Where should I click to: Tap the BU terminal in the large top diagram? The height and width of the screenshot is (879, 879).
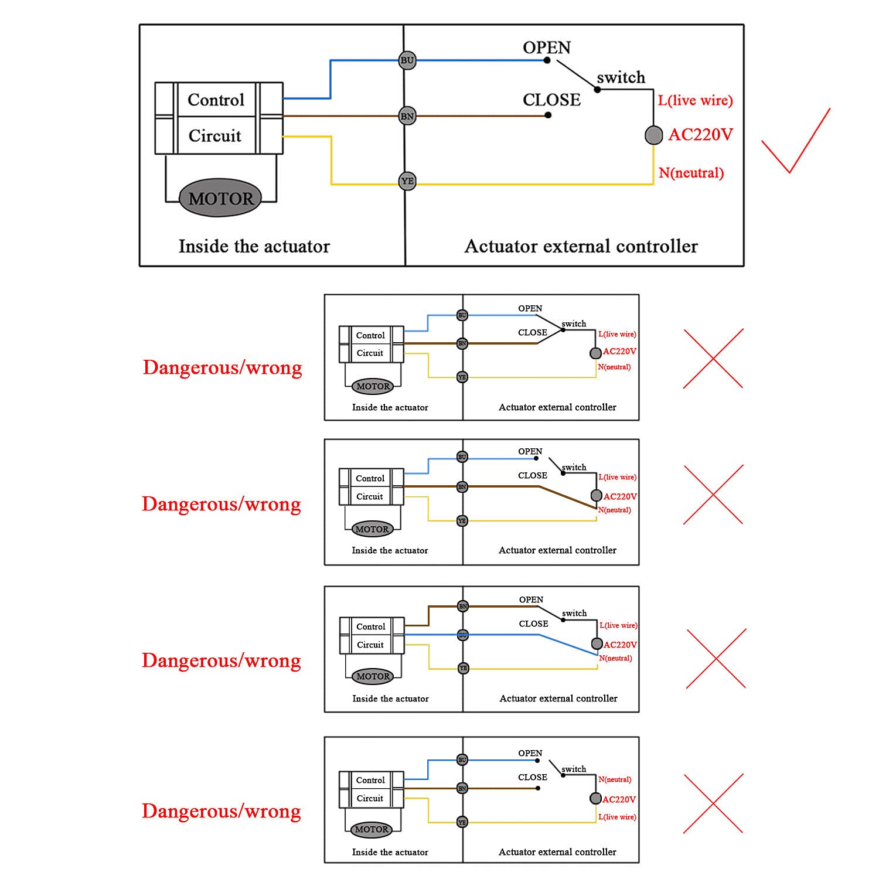click(407, 60)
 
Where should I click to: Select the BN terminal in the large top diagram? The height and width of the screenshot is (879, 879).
click(407, 116)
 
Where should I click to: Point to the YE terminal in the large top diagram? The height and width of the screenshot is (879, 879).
click(407, 181)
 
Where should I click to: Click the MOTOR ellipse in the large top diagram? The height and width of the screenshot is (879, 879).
click(220, 198)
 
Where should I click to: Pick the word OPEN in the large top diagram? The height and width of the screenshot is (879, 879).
click(546, 47)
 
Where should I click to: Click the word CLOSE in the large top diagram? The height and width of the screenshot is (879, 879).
click(551, 100)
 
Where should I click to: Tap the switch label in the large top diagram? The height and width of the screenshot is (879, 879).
click(621, 77)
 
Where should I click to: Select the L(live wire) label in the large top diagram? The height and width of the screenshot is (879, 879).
click(695, 100)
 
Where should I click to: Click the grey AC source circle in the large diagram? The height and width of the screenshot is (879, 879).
click(653, 135)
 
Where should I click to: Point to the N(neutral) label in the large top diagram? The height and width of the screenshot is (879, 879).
click(691, 173)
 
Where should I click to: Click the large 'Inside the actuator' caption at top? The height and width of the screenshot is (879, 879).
click(254, 246)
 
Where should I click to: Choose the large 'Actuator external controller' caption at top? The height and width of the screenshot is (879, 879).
click(581, 246)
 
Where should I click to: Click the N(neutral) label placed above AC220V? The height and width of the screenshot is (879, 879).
click(615, 779)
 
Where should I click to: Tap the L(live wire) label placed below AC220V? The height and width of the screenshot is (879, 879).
click(616, 817)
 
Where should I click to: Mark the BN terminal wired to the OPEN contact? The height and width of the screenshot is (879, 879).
click(463, 606)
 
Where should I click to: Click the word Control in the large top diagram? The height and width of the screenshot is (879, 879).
click(216, 100)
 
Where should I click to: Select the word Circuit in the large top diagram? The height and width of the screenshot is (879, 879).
click(214, 135)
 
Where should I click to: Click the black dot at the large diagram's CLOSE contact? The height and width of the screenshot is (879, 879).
click(548, 115)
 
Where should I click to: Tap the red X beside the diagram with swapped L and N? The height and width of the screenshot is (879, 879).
click(713, 803)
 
